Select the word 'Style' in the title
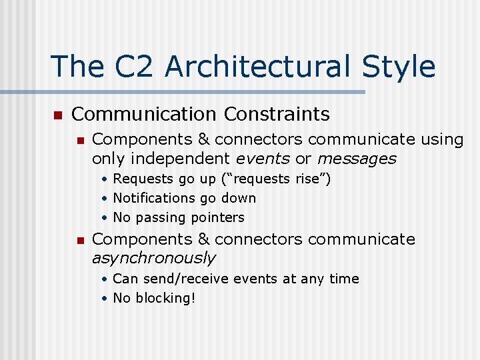399,67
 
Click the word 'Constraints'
277,114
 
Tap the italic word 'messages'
357,159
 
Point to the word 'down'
239,198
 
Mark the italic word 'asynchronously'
153,258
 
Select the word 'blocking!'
165,298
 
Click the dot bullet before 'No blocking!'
105,299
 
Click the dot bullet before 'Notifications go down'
105,199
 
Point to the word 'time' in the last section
344,279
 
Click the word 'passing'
161,217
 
